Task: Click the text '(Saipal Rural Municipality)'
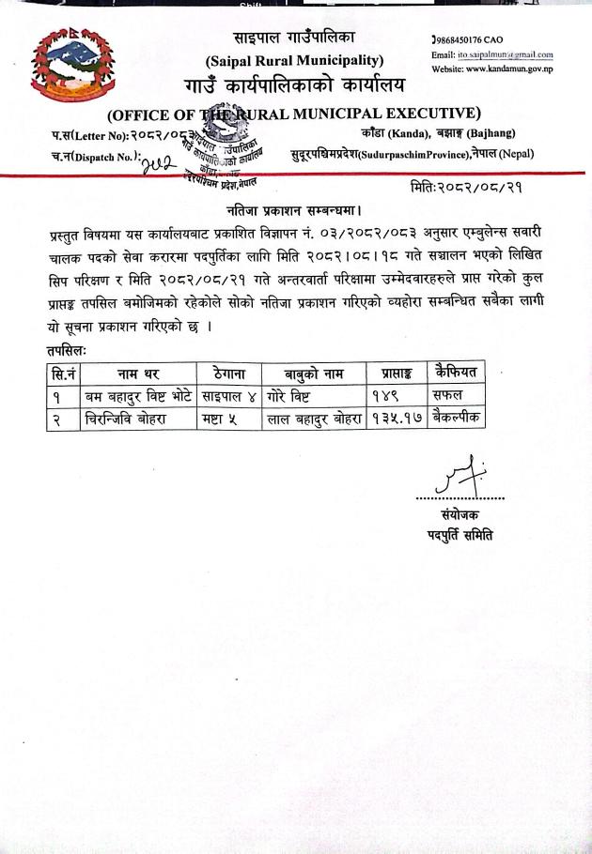tap(294, 60)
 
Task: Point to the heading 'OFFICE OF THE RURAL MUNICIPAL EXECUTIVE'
tap(294, 115)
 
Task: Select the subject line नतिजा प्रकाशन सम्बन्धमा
tap(295, 209)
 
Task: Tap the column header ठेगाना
tap(229, 374)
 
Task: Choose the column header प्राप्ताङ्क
tap(395, 374)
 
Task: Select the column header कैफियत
tap(457, 372)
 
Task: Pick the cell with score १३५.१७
tap(394, 419)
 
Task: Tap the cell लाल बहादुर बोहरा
tap(314, 419)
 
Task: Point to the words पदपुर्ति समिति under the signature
tap(460, 535)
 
